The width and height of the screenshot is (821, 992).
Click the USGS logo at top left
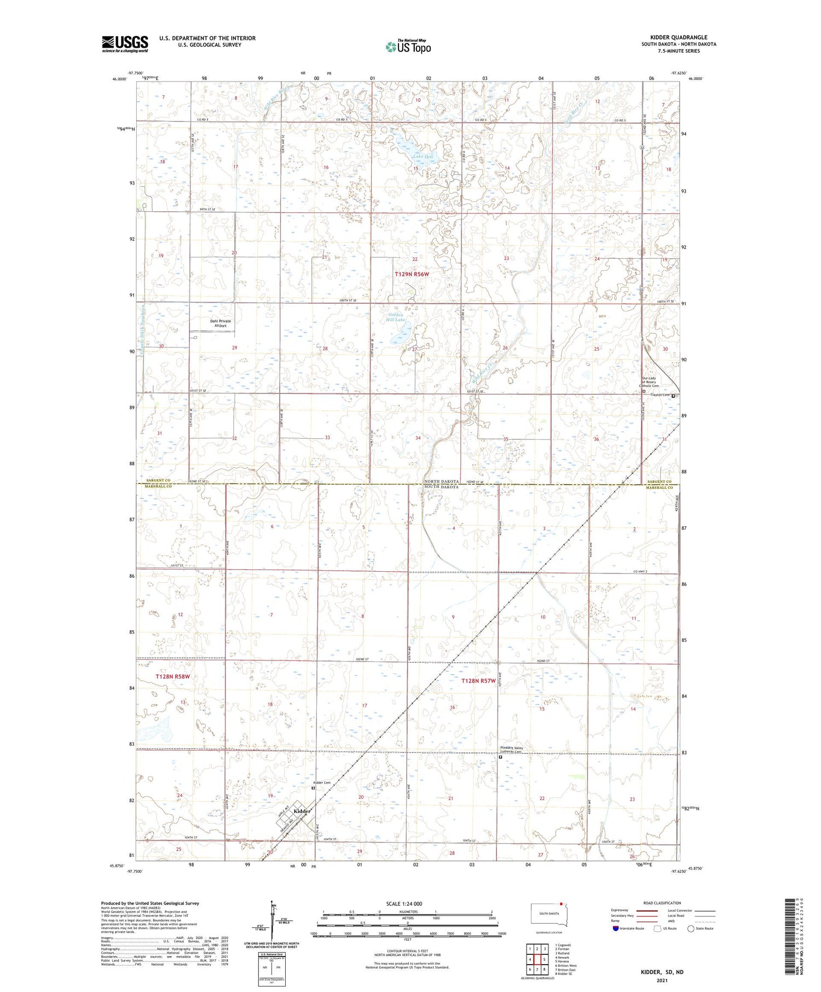[125, 44]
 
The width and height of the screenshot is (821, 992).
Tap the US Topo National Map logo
[408, 47]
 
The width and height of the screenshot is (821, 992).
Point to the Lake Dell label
[422, 156]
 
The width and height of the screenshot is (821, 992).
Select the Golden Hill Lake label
[396, 317]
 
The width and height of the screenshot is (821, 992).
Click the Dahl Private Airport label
[221, 323]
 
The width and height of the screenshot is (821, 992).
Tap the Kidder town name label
[302, 811]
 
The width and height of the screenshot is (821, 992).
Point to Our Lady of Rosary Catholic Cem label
[650, 382]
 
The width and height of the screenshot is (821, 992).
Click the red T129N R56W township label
[412, 274]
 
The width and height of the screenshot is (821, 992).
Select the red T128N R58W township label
[172, 677]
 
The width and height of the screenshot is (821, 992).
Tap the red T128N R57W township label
[478, 681]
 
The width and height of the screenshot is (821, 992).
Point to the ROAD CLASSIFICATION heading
[662, 903]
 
